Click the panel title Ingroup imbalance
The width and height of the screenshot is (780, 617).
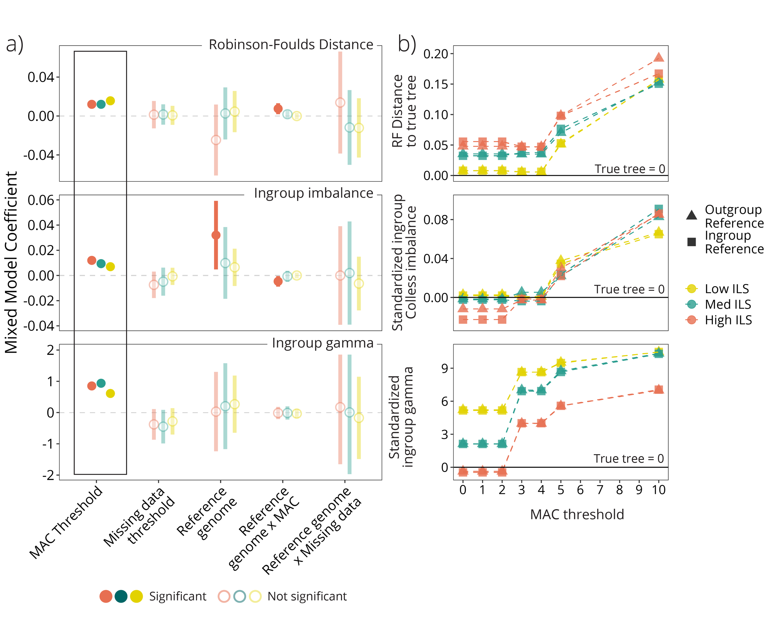pyautogui.click(x=313, y=193)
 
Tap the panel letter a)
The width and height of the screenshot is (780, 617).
pyautogui.click(x=14, y=44)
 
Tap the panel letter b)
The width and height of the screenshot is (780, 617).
pyautogui.click(x=407, y=44)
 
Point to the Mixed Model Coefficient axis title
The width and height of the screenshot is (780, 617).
pyautogui.click(x=11, y=262)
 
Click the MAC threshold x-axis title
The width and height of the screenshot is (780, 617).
pyautogui.click(x=577, y=514)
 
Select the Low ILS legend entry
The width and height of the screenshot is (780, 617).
pyautogui.click(x=727, y=289)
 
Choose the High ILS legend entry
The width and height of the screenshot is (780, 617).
pyautogui.click(x=728, y=320)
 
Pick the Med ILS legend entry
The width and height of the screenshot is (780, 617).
pyautogui.click(x=728, y=305)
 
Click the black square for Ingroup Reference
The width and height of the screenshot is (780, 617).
pyautogui.click(x=691, y=242)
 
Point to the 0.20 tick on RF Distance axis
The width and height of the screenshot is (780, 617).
pyautogui.click(x=436, y=54)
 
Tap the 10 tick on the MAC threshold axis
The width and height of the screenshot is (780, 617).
pyautogui.click(x=658, y=490)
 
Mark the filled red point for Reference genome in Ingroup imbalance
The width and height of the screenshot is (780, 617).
pyautogui.click(x=216, y=235)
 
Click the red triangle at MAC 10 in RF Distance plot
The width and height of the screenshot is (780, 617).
pyautogui.click(x=659, y=57)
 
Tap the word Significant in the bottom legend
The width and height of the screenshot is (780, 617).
pyautogui.click(x=178, y=596)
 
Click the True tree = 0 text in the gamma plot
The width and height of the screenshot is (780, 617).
pyautogui.click(x=629, y=458)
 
